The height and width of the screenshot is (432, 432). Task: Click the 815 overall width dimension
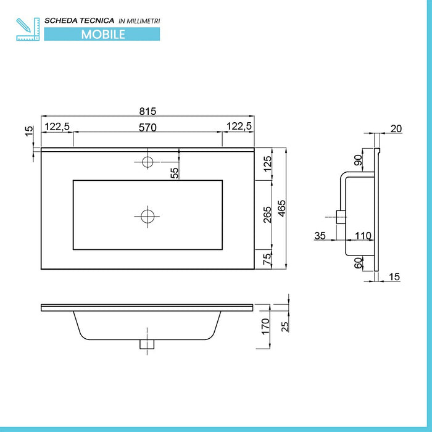pos(147,111)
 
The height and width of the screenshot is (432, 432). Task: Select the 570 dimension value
pos(147,127)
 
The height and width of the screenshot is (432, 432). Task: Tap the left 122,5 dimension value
pos(57,127)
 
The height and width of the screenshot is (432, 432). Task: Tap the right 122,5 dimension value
pos(239,127)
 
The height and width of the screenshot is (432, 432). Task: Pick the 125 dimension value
pos(267,165)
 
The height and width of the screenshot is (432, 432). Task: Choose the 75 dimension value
pos(267,259)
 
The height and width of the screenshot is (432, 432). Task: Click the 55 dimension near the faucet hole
pos(175,173)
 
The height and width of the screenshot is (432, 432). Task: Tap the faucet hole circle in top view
pos(147,162)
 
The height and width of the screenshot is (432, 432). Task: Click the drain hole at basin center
pos(147,216)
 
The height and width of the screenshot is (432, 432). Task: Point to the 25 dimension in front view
pos(285,325)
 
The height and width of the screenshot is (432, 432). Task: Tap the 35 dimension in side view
pos(320,235)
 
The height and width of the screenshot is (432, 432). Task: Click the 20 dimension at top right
pos(396,128)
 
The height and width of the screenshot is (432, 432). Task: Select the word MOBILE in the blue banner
pos(103,34)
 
